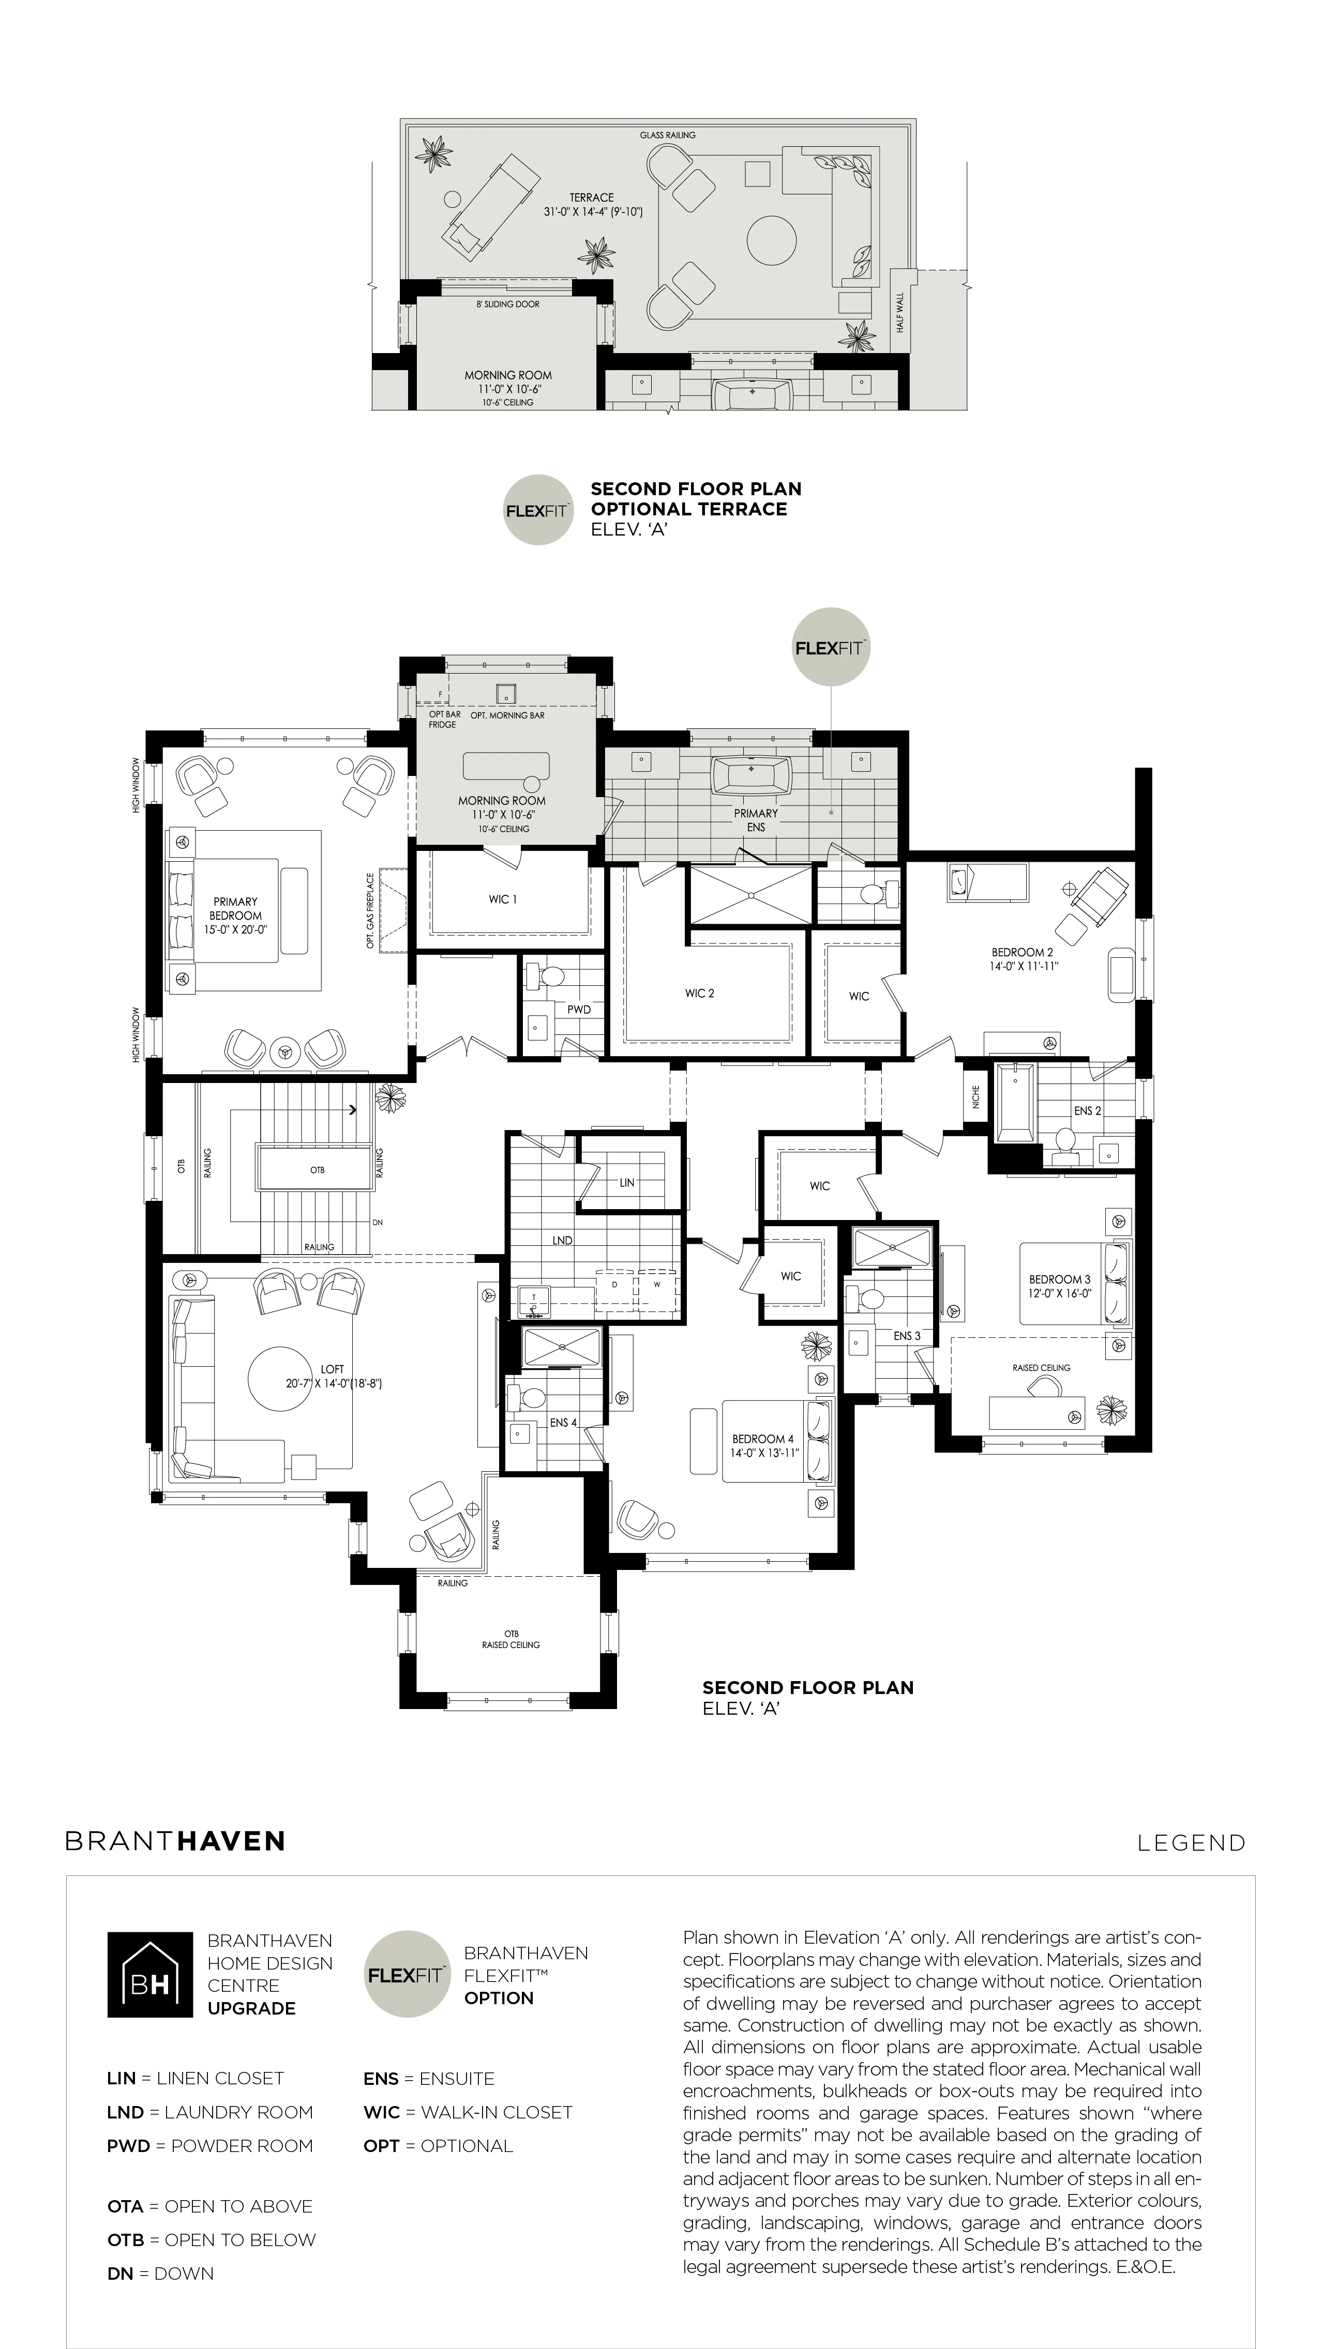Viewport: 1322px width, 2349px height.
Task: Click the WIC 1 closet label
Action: point(503,899)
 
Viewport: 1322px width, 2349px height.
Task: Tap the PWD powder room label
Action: point(578,1010)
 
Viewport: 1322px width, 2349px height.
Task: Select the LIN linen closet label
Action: point(627,1183)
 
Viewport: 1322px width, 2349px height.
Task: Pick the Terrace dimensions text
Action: point(593,211)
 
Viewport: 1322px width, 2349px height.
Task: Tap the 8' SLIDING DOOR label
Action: point(507,304)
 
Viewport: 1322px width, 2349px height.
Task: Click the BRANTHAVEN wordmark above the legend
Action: point(175,1841)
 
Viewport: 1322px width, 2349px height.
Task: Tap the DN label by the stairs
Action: point(378,1223)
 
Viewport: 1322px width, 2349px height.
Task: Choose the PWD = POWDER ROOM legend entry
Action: point(210,2146)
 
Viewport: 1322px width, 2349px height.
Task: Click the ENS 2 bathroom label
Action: point(1088,1111)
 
